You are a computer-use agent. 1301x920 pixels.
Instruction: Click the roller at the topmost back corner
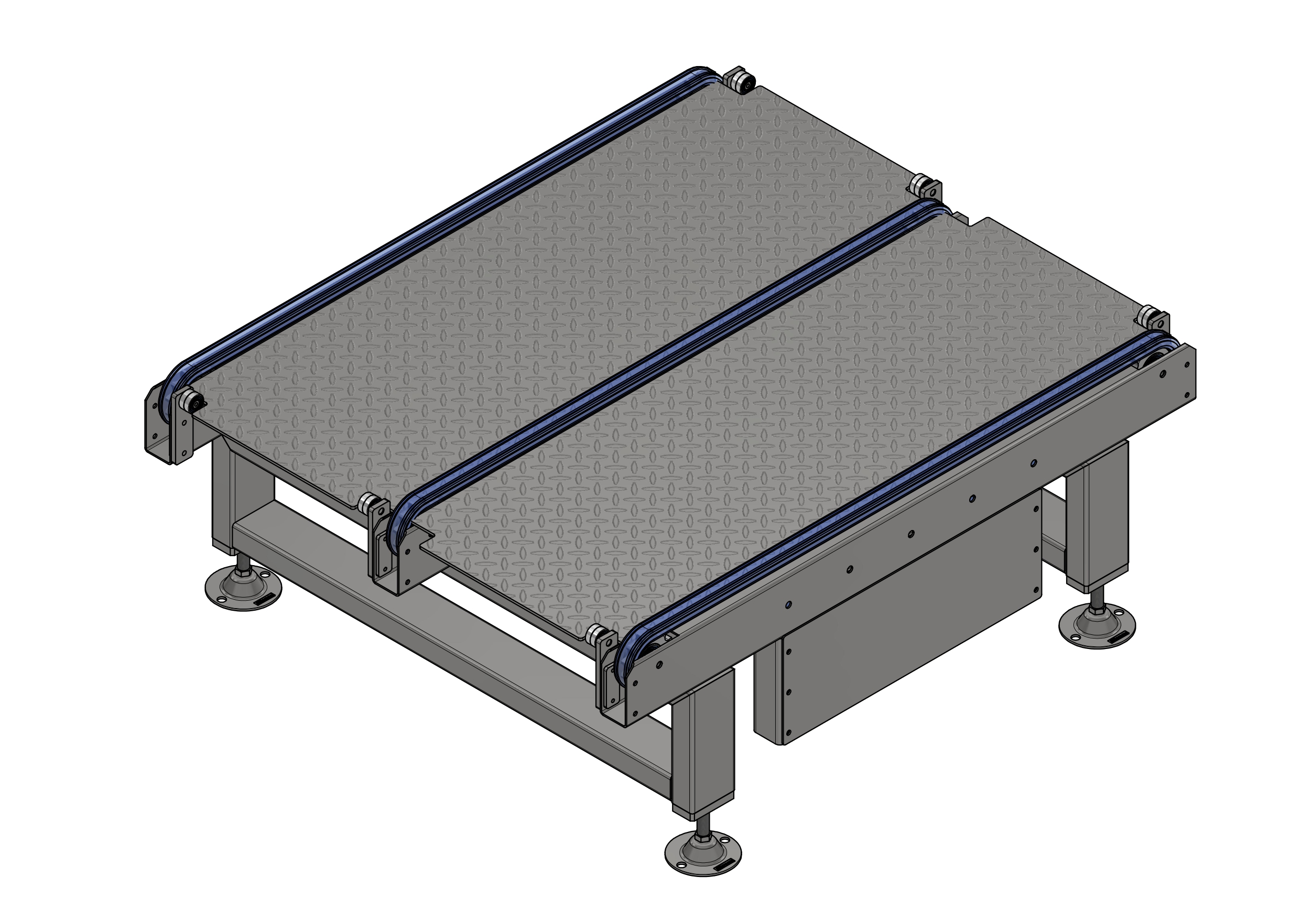tap(740, 81)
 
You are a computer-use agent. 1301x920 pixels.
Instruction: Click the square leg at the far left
tap(224, 499)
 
